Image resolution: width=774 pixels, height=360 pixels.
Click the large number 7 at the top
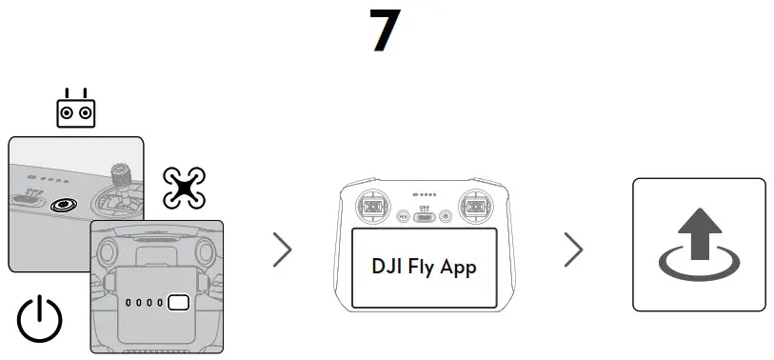(x=386, y=32)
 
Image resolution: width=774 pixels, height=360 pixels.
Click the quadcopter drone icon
(x=185, y=187)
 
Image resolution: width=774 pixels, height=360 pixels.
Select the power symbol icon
(x=40, y=321)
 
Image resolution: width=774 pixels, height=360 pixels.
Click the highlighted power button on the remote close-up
(x=65, y=204)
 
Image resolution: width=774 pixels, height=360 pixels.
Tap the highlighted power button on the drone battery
(x=178, y=304)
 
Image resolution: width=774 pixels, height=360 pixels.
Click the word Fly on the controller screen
(x=426, y=266)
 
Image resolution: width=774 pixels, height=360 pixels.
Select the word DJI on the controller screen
(x=388, y=266)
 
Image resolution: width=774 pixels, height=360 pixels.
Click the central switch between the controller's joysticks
(x=424, y=217)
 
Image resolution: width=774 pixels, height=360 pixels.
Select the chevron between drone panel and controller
(x=282, y=249)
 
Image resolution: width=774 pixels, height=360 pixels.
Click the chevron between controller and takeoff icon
(x=573, y=249)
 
